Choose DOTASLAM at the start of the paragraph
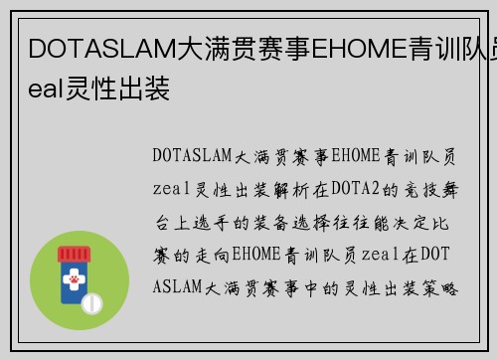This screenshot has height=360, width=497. pyautogui.click(x=193, y=156)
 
